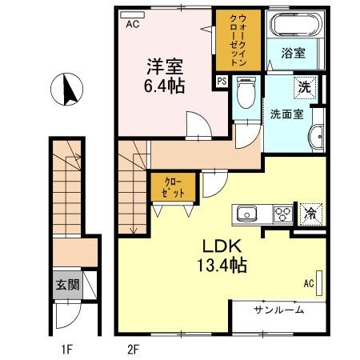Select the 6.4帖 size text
pos(163,86)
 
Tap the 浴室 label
pos(294,54)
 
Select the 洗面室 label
pos(285,114)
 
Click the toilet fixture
pos(247,97)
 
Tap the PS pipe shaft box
pos(222,80)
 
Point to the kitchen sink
pos(245,214)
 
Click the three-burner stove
pos(282,214)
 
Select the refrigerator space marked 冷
pos(309,214)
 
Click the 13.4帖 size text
pos(217,266)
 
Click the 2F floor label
pos(133,348)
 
